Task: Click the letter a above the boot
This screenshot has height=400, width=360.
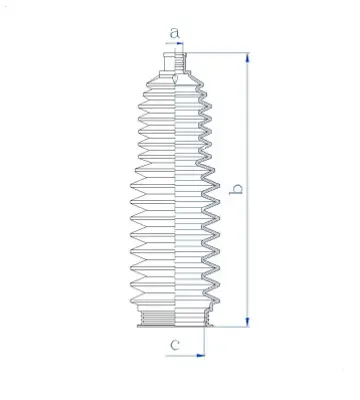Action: pyautogui.click(x=176, y=33)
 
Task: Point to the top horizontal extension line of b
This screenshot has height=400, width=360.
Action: pyautogui.click(x=215, y=52)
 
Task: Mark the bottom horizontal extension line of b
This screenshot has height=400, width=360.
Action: pyautogui.click(x=225, y=327)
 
